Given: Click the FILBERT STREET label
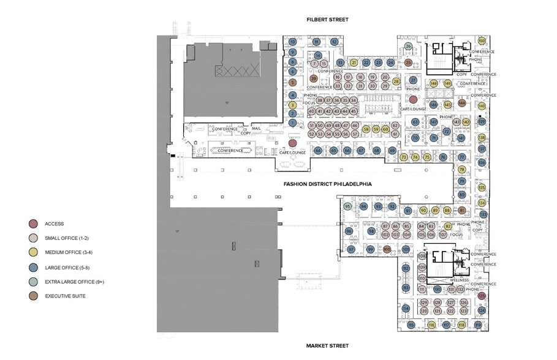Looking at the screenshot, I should click(x=328, y=20).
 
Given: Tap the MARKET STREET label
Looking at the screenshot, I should click(x=328, y=346).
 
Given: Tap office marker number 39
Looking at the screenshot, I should click(x=313, y=78).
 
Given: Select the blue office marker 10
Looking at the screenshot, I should click(x=293, y=42).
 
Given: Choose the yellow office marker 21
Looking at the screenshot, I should click(x=354, y=62).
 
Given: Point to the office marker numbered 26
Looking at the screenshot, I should click(x=408, y=46).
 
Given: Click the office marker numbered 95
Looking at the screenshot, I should click(x=347, y=207).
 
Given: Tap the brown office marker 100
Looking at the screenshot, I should click(x=387, y=249).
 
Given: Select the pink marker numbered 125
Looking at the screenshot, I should click(x=482, y=296).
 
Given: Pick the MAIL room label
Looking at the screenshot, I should click(x=256, y=129).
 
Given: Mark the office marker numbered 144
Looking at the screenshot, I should click(x=461, y=103).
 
